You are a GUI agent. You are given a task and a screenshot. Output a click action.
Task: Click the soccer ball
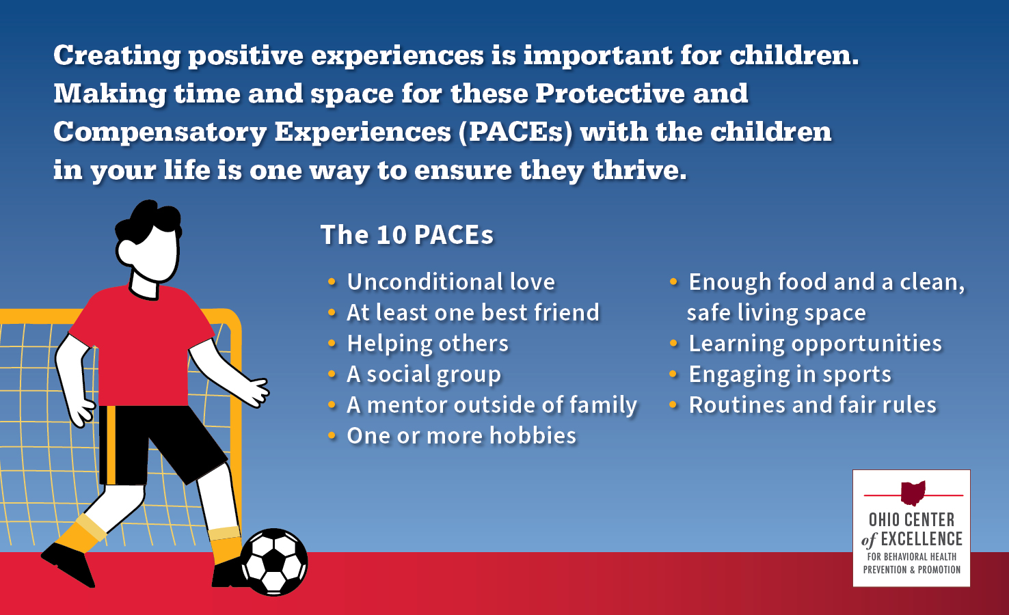[x=274, y=562]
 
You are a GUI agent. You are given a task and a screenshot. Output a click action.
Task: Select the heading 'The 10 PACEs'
[x=407, y=235]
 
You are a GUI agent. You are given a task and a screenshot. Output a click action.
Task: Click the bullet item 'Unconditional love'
[x=450, y=282]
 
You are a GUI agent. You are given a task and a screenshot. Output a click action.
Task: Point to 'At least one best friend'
[x=473, y=312]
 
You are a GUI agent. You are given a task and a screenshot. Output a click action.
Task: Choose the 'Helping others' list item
[x=427, y=344]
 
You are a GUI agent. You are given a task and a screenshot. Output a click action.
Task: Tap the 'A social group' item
[x=423, y=374]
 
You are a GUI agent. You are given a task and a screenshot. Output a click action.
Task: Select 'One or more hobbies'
[x=461, y=436]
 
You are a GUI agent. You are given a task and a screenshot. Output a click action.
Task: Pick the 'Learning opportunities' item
[x=815, y=344]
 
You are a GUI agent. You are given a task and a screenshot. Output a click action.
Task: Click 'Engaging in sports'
[x=790, y=374]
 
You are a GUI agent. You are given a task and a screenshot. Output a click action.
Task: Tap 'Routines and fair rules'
[x=812, y=405]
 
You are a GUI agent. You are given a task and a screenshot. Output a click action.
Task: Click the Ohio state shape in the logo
[x=913, y=493]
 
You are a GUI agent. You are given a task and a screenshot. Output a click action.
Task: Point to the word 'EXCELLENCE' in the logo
[x=921, y=539]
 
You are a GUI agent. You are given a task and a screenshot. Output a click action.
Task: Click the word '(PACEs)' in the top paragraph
[x=515, y=133]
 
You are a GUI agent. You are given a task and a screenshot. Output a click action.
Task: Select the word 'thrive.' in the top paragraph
[x=639, y=170]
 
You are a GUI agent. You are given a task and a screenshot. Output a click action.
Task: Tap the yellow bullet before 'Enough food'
[x=673, y=282]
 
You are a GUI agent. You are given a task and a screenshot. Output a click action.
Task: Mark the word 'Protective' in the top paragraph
[x=610, y=94]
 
